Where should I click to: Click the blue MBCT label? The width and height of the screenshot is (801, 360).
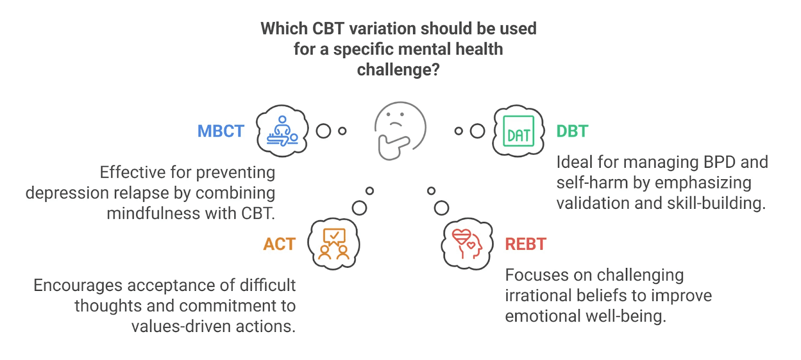(221, 131)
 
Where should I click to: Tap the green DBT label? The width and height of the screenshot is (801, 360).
(572, 131)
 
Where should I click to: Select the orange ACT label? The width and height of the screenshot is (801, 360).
(279, 244)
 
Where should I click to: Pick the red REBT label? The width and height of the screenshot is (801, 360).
(526, 244)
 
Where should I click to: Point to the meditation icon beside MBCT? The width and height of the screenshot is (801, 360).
(282, 131)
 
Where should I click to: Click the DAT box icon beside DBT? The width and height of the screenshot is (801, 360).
(519, 131)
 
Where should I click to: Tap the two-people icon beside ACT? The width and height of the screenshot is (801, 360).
(334, 244)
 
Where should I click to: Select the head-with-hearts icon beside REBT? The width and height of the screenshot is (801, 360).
(467, 244)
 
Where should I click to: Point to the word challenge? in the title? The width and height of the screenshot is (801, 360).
(398, 70)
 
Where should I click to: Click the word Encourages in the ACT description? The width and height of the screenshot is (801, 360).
(78, 285)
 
